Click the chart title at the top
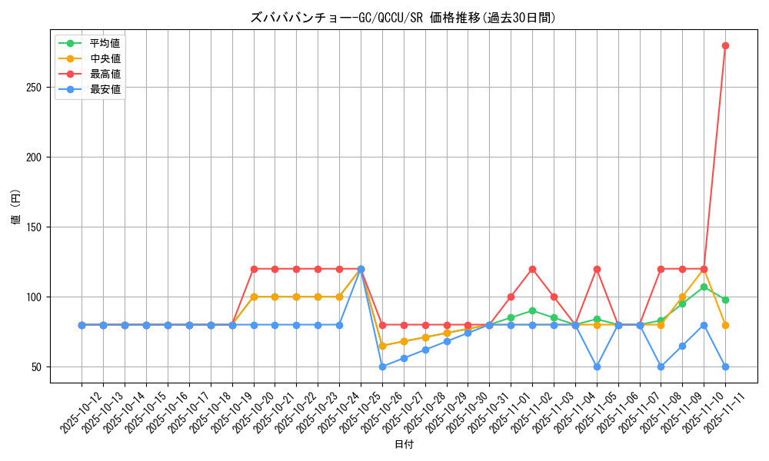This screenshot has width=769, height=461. pyautogui.click(x=403, y=18)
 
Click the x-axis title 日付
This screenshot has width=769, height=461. pyautogui.click(x=403, y=445)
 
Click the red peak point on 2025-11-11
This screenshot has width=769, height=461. pyautogui.click(x=725, y=45)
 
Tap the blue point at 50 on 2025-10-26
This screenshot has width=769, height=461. pyautogui.click(x=382, y=367)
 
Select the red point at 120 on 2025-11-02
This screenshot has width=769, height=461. pyautogui.click(x=532, y=269)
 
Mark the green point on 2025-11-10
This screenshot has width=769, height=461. pyautogui.click(x=704, y=287)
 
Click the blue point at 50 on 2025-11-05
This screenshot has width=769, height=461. pyautogui.click(x=597, y=367)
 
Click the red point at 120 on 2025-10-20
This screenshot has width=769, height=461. pyautogui.click(x=253, y=269)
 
